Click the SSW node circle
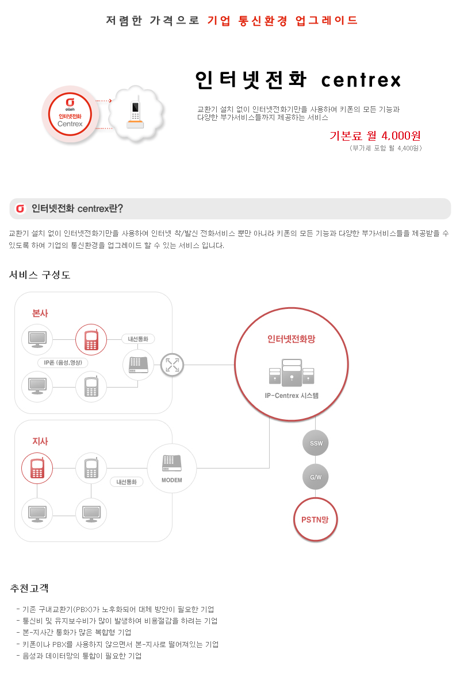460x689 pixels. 315,443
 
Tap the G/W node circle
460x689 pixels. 315,477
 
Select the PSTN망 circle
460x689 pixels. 315,519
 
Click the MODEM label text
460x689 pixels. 171,480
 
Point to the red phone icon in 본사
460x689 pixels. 91,339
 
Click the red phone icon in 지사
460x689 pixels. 37,468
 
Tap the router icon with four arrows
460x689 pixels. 172,365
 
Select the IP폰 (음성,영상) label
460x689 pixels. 63,363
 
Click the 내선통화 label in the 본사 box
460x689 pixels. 138,339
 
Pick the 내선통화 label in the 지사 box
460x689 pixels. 126,482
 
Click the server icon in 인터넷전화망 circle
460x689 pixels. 292,373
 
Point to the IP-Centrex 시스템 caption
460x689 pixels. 292,396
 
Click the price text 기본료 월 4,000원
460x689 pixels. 375,136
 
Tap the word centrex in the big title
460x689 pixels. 361,80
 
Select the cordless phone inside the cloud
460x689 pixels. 135,112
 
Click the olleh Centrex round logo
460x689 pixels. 70,114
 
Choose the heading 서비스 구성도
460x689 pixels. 40,274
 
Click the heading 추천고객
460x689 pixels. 29,588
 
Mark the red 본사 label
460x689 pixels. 40,313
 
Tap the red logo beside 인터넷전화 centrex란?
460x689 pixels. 20,208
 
